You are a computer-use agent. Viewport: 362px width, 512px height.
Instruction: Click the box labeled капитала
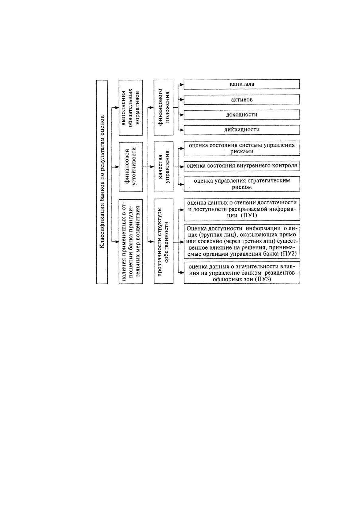click(242, 84)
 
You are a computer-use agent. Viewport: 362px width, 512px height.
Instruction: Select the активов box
click(242, 100)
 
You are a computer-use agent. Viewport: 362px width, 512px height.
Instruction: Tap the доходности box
click(242, 115)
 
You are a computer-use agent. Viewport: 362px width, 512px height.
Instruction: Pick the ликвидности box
click(242, 130)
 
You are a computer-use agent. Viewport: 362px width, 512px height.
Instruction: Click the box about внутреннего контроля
click(242, 166)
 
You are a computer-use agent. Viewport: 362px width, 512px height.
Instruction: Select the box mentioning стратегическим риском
click(242, 184)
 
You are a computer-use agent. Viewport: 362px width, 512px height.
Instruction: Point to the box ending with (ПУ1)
click(242, 209)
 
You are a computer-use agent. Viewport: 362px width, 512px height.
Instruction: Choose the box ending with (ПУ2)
click(242, 241)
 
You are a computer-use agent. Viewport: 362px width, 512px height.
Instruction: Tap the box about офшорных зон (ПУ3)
click(242, 273)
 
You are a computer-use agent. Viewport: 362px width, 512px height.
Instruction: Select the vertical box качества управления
click(164, 167)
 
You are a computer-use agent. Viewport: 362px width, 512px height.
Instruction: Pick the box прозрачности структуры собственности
click(164, 241)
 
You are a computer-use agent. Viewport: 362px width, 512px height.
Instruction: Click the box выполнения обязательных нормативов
click(131, 108)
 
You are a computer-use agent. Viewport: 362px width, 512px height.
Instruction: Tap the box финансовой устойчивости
click(131, 167)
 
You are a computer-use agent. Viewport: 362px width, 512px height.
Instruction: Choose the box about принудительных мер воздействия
click(131, 241)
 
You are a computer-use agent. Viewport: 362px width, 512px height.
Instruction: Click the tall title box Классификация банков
click(102, 182)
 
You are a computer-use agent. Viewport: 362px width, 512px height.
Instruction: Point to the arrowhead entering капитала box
click(182, 85)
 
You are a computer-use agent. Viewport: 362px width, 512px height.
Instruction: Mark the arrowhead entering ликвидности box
click(182, 130)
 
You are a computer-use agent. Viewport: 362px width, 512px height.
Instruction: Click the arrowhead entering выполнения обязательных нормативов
click(117, 108)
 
